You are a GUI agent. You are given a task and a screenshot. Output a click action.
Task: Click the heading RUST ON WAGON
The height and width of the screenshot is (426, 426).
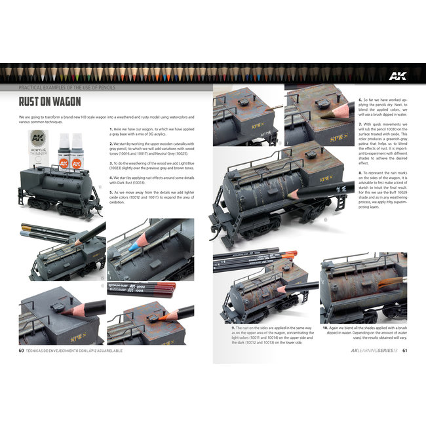(x=50, y=102)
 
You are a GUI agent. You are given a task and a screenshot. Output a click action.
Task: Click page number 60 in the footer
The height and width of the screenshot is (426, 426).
(x=22, y=349)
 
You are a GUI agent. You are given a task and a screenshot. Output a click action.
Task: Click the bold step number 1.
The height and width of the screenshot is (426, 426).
(x=110, y=128)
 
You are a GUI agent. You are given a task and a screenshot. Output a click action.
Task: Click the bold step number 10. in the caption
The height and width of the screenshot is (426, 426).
(x=325, y=326)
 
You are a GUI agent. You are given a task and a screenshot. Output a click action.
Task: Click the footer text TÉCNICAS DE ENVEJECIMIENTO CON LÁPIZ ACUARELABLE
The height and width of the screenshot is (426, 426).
(x=80, y=349)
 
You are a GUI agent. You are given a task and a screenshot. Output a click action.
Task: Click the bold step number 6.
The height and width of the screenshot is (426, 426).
(x=360, y=101)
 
